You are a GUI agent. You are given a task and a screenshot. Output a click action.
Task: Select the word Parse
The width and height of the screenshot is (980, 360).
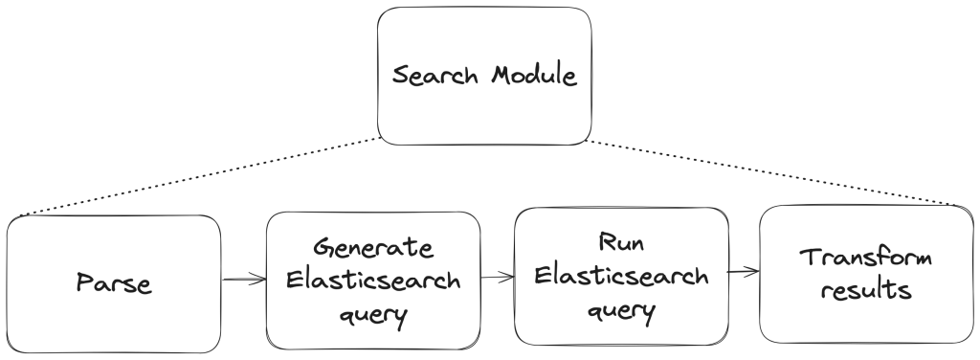[x=112, y=284]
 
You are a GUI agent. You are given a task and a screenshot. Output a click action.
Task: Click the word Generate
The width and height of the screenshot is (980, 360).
[x=373, y=248]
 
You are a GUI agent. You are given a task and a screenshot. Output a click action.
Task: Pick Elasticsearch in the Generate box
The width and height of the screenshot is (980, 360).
[x=373, y=283]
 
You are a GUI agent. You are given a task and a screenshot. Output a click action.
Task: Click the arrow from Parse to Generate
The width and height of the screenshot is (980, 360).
[x=244, y=280]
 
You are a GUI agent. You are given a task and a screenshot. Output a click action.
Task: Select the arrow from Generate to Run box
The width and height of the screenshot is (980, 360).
[x=497, y=279]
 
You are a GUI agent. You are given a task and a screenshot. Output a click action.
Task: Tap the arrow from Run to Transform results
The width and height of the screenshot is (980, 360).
[x=744, y=271]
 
